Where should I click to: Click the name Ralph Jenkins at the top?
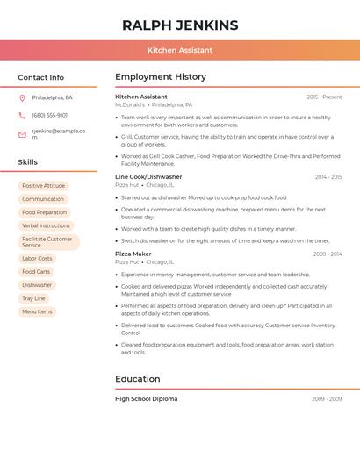(180, 25)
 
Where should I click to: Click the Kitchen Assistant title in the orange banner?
(180, 50)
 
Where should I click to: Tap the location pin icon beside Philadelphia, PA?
(22, 97)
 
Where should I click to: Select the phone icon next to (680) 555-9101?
(22, 115)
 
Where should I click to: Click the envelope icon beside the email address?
(22, 134)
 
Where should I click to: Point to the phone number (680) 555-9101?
(50, 115)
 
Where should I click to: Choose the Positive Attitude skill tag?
(43, 186)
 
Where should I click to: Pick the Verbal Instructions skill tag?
(46, 225)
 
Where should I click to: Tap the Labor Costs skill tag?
(37, 259)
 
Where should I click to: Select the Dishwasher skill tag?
(37, 285)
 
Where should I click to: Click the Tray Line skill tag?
(33, 298)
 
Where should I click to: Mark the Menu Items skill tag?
(37, 311)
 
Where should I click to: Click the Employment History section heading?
(161, 77)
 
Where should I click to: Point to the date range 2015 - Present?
(324, 97)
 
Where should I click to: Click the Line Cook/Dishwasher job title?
(148, 176)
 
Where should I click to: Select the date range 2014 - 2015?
(328, 177)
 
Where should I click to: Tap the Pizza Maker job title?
(133, 254)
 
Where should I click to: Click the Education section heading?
(138, 379)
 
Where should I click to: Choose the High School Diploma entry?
(146, 398)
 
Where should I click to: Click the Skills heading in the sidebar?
(28, 162)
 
